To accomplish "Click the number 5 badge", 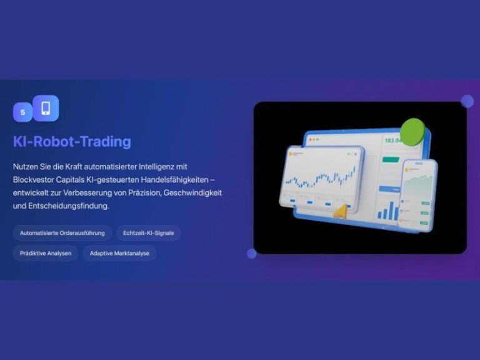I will click(22, 112).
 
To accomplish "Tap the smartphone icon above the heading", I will click(46, 108).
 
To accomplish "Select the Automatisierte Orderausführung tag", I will click(62, 233).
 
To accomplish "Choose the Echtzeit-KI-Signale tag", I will click(148, 233).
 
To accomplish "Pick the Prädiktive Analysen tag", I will click(46, 253).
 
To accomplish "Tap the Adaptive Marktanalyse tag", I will click(119, 253).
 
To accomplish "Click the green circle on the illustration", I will click(412, 131).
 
